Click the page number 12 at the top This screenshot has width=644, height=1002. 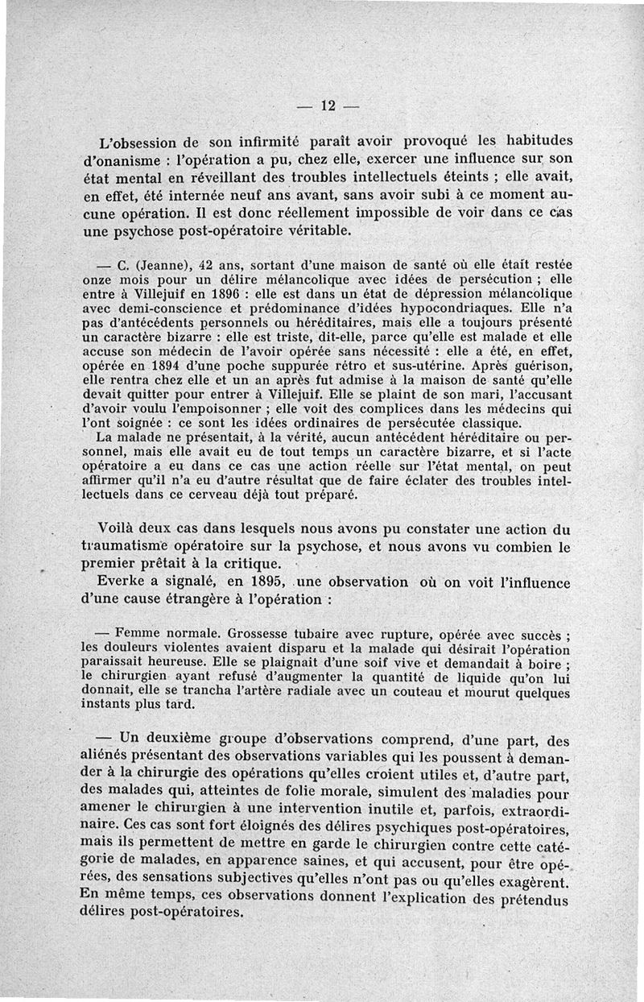point(328,106)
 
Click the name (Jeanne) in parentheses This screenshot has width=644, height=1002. point(162,265)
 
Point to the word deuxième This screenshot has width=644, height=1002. point(178,739)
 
